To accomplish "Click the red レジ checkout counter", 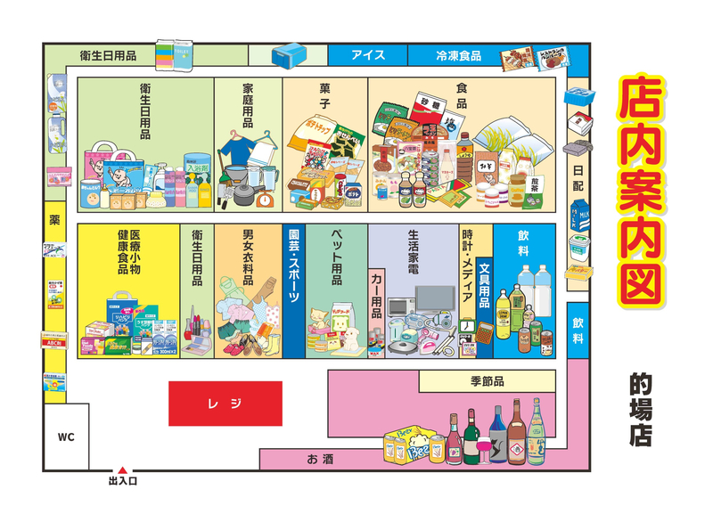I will click(x=225, y=404).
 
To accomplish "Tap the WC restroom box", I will click(x=66, y=437).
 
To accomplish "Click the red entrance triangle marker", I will click(x=123, y=469).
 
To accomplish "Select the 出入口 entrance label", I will click(x=123, y=481).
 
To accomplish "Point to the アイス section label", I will click(x=367, y=55).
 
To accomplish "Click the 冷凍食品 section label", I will click(x=458, y=55).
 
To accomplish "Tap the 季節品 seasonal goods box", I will click(x=488, y=381).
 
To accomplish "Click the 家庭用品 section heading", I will click(x=248, y=106).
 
